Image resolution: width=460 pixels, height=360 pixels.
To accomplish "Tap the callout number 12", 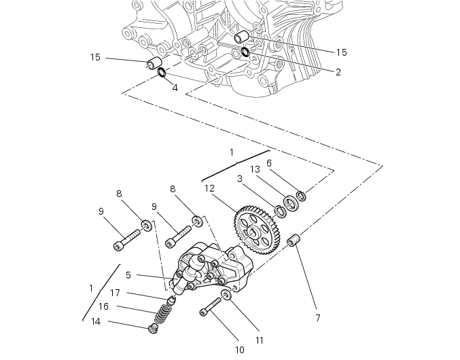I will click(x=209, y=188).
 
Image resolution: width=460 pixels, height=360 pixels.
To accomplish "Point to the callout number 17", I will click(x=116, y=293).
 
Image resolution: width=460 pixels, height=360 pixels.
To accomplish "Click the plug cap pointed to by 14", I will click(x=154, y=329).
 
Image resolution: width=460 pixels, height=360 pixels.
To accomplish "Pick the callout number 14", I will click(x=96, y=321).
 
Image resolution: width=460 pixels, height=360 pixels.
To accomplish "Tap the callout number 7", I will click(x=317, y=317).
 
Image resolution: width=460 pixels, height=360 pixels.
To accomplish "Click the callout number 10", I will click(x=239, y=350).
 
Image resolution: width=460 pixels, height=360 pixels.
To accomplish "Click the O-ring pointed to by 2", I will click(x=245, y=52).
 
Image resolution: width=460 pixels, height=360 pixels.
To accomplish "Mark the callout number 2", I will click(x=338, y=71).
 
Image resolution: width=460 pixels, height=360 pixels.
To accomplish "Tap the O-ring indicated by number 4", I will click(x=162, y=72).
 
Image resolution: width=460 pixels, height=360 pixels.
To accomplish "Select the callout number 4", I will click(x=175, y=88).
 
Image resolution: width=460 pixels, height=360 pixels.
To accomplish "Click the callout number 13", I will click(x=255, y=168).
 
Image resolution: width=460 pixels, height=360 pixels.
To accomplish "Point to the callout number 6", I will click(x=269, y=163).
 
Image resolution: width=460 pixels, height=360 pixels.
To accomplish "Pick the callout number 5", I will click(x=128, y=275).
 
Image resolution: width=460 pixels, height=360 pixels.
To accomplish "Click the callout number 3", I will click(x=240, y=179).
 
